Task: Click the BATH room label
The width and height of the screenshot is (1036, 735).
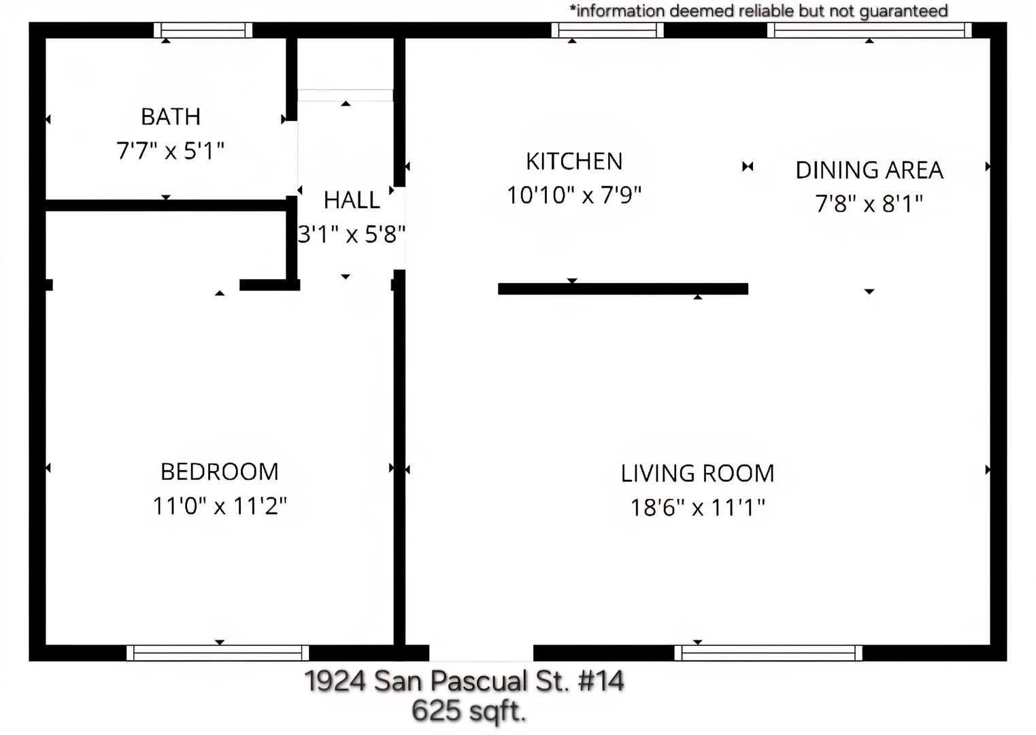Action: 171,116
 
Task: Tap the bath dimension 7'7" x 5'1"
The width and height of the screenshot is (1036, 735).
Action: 171,151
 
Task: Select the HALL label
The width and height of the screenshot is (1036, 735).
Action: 352,200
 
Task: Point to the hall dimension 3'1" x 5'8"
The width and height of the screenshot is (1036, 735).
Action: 352,234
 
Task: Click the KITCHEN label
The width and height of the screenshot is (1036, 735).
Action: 574,161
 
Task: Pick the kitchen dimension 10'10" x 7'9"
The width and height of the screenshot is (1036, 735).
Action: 574,195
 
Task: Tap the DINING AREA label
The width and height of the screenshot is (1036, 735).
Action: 869,170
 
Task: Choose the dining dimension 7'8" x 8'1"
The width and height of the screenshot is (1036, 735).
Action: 869,204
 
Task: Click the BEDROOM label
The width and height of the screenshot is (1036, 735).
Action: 220,472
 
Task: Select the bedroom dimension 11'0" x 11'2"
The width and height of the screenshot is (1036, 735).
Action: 220,506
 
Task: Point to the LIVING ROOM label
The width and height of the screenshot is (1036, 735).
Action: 697,474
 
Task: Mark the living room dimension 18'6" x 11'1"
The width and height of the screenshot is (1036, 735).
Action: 697,508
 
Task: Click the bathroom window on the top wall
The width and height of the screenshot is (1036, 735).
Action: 203,30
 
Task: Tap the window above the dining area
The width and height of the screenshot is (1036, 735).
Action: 869,30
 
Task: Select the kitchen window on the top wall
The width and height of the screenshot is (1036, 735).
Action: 607,30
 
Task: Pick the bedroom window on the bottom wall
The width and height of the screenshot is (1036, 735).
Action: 218,653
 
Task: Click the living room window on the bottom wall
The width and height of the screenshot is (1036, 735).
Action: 768,653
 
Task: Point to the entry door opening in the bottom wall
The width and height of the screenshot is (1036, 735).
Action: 482,653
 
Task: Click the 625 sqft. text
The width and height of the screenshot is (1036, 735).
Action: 469,711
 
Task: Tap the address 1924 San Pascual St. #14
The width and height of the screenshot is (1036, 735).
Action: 465,681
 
